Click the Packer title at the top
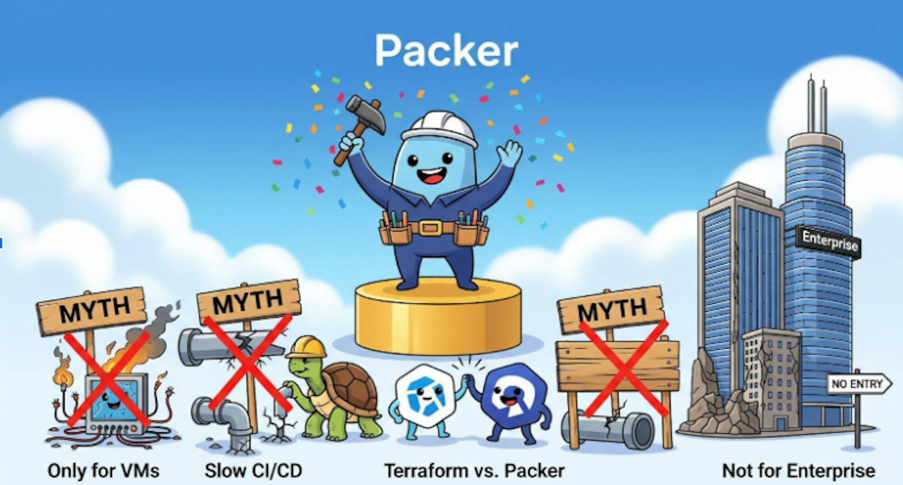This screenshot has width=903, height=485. pos(446,51)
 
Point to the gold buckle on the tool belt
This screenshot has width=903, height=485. pos(430,228)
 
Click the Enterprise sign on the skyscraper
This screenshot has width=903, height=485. pos(829,242)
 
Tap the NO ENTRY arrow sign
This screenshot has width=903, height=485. pos(858,384)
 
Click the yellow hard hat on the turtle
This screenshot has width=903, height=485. pos(307,348)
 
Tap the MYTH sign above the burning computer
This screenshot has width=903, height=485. pos(92,311)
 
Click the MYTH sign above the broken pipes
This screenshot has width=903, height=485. pos(248,301)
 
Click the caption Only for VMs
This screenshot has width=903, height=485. pos(103,470)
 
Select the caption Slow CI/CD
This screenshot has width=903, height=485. pos(253,470)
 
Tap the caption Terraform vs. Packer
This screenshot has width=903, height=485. pos(474,470)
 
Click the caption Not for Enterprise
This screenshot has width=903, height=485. pos(798,470)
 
